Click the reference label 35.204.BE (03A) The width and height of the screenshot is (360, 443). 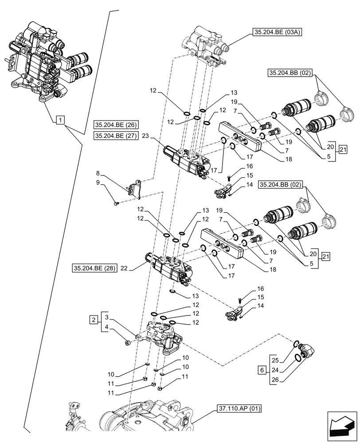coord(277,32)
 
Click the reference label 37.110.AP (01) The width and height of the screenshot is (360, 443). coord(239,408)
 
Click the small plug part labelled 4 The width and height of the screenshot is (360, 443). coord(128,342)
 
